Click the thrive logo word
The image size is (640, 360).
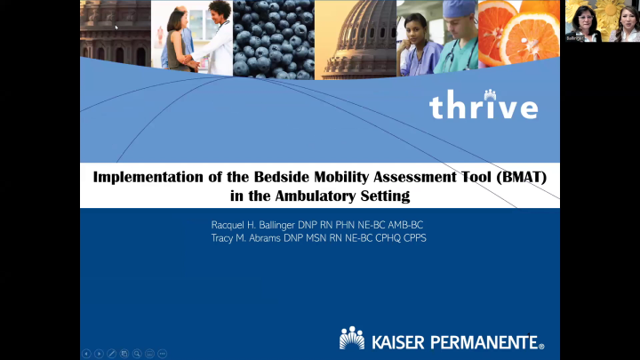point(484,107)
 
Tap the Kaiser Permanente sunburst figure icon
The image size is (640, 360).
point(352,339)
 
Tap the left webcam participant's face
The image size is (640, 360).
point(584,17)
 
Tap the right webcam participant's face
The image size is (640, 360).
point(623,17)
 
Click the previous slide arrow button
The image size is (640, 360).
point(86,354)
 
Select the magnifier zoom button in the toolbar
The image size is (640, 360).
point(137,354)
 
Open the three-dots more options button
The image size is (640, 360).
point(163,354)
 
